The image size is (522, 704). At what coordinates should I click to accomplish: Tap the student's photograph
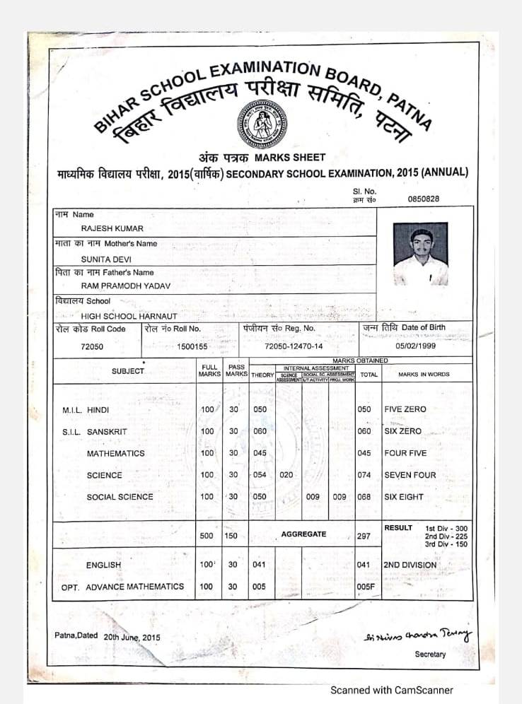pos(420,254)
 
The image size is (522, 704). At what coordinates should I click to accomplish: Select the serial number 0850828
pos(423,199)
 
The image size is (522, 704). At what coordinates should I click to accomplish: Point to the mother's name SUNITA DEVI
pos(106,259)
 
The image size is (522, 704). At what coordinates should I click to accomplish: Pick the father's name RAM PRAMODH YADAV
pos(125,286)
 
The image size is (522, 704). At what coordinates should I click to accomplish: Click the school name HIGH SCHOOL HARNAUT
pos(129,316)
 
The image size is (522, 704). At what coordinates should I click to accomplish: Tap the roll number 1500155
pos(192,347)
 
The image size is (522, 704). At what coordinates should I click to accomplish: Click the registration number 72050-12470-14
pos(293,346)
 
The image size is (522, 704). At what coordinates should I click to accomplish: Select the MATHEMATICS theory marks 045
pos(260,453)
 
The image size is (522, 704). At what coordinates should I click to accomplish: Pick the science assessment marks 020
pos(286,475)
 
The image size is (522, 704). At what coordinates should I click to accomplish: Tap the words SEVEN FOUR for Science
pos(410,475)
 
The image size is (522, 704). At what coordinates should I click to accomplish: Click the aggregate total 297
pos(364,536)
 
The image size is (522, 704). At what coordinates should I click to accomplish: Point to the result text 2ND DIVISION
pos(410,565)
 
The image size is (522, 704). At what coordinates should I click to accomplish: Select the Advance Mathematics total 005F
pos(365,587)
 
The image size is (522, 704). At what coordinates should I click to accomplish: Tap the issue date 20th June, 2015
pos(132,637)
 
